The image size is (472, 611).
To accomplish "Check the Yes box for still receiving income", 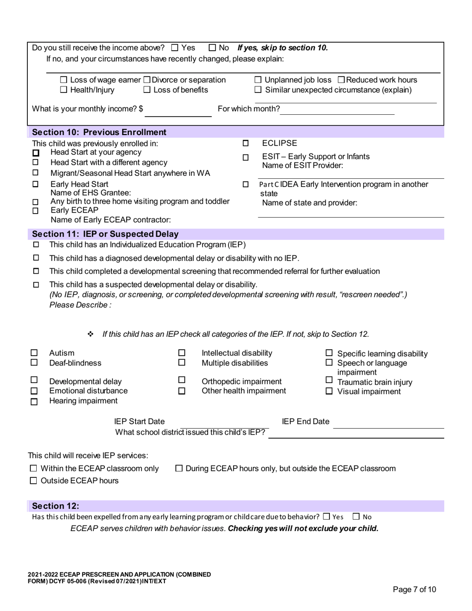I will [x=174, y=48].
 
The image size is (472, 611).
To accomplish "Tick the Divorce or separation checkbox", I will [x=147, y=80].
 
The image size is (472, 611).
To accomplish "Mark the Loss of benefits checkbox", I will [x=147, y=90].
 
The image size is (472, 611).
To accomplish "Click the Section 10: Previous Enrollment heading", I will [x=99, y=132].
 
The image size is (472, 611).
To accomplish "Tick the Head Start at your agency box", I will [x=36, y=153].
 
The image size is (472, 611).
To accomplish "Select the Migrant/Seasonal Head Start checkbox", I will [x=36, y=173].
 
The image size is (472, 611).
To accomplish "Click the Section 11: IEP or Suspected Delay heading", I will [x=105, y=234].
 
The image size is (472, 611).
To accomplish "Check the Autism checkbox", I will [x=34, y=353].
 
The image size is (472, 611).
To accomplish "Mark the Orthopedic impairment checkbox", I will [x=182, y=381].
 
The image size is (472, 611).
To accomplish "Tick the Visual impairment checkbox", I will [x=329, y=391].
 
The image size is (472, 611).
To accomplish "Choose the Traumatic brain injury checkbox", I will [x=329, y=381].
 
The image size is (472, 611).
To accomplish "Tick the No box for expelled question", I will [x=356, y=517].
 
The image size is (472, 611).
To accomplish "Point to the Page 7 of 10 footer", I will [x=414, y=590].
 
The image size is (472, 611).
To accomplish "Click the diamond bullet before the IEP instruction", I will [x=90, y=334].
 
